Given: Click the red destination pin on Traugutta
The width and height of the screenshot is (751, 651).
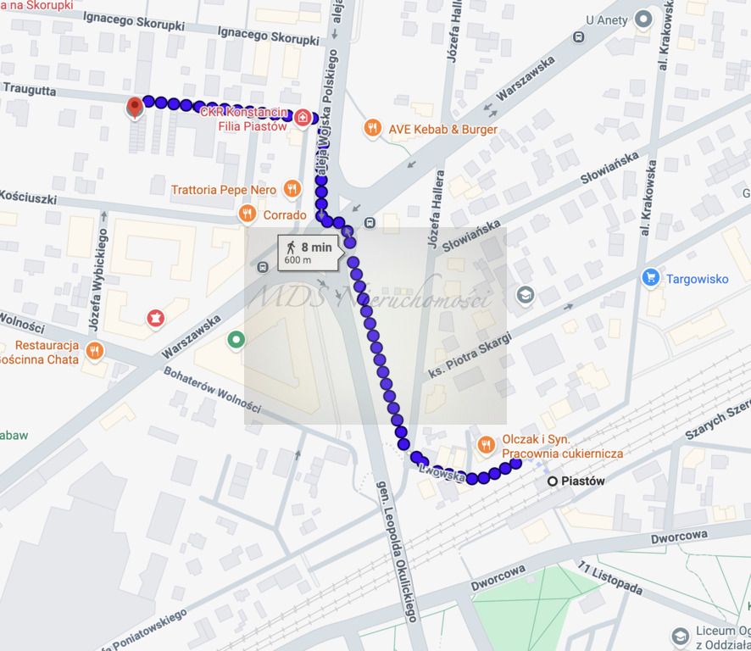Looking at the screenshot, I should [x=134, y=108].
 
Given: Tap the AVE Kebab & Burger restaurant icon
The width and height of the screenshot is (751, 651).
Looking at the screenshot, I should [x=372, y=129].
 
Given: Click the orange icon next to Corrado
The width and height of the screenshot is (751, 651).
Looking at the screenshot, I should [x=248, y=214].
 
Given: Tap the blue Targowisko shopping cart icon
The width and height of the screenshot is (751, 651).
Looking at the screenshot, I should [x=650, y=277].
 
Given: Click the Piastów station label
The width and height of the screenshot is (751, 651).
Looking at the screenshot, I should [x=583, y=481].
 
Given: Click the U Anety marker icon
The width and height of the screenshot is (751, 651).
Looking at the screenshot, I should [x=643, y=19].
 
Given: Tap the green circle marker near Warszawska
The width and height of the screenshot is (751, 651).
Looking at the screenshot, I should [x=236, y=340].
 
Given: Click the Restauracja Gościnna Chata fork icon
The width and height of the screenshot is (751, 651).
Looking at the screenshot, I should [x=94, y=350].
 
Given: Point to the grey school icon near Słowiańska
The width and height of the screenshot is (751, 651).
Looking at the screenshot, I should [x=526, y=295].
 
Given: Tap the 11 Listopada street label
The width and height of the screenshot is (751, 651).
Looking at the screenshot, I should [x=608, y=578].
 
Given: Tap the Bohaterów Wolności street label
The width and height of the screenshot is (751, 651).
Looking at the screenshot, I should [x=212, y=390].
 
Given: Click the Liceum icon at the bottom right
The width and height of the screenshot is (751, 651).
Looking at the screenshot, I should [x=680, y=636].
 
